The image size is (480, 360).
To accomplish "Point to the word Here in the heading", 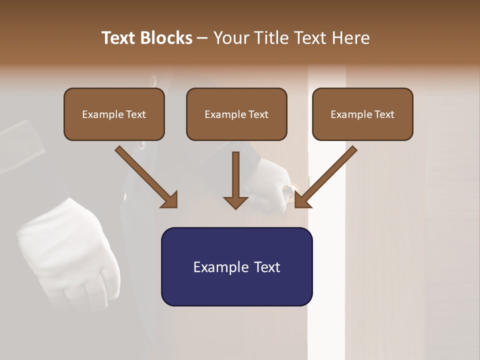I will coord(351,38).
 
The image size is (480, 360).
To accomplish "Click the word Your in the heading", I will coord(230,38).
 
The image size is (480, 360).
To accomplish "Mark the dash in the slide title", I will coord(202,38).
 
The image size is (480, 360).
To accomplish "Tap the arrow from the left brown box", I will coord(147,177).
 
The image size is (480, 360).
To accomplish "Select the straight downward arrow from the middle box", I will coord(235,180).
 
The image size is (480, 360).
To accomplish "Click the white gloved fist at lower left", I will coord(70,255).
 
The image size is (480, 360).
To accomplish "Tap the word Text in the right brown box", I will coord(384,114).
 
